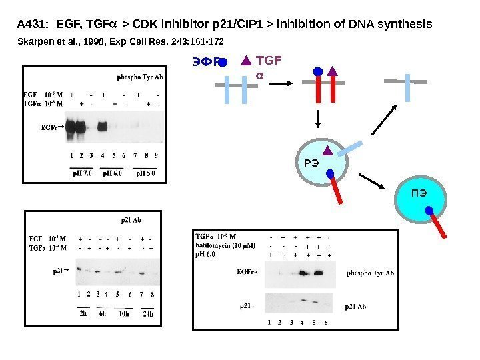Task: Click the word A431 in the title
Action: coord(29,25)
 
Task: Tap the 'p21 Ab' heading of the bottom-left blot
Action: coord(130,218)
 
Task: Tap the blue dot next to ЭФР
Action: coord(223,63)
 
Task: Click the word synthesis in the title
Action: coord(405,25)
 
